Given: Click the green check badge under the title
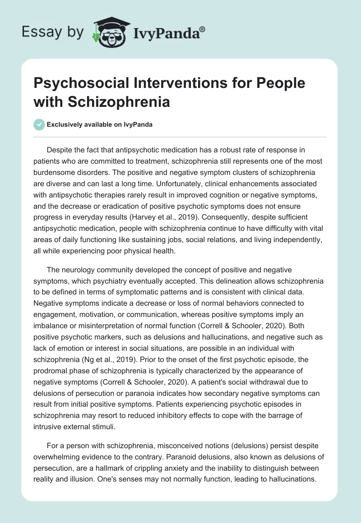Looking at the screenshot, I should tap(39, 124).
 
